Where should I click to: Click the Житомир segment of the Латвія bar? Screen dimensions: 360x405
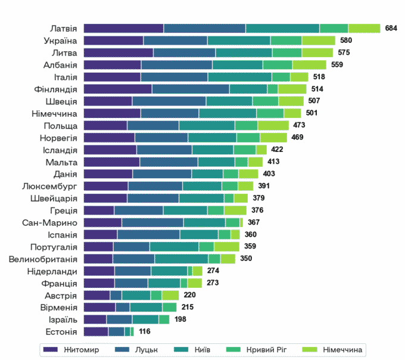coord(123,29)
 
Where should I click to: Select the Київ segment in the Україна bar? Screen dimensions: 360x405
coord(239,41)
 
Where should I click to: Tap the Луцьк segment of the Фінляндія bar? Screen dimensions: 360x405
coord(191,89)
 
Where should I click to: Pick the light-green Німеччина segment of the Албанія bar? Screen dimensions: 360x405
coord(309,65)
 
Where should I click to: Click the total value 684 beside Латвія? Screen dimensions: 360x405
coord(391,29)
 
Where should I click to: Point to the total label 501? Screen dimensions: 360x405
coord(312,113)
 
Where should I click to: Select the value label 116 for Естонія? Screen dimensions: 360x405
coord(145,332)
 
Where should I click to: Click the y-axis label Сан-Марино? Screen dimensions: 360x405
coord(49,222)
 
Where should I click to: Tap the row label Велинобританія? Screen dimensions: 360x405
coord(43,259)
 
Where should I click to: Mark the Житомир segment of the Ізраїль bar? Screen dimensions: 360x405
coord(95,319)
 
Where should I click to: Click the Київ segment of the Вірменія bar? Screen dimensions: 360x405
coord(146,308)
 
